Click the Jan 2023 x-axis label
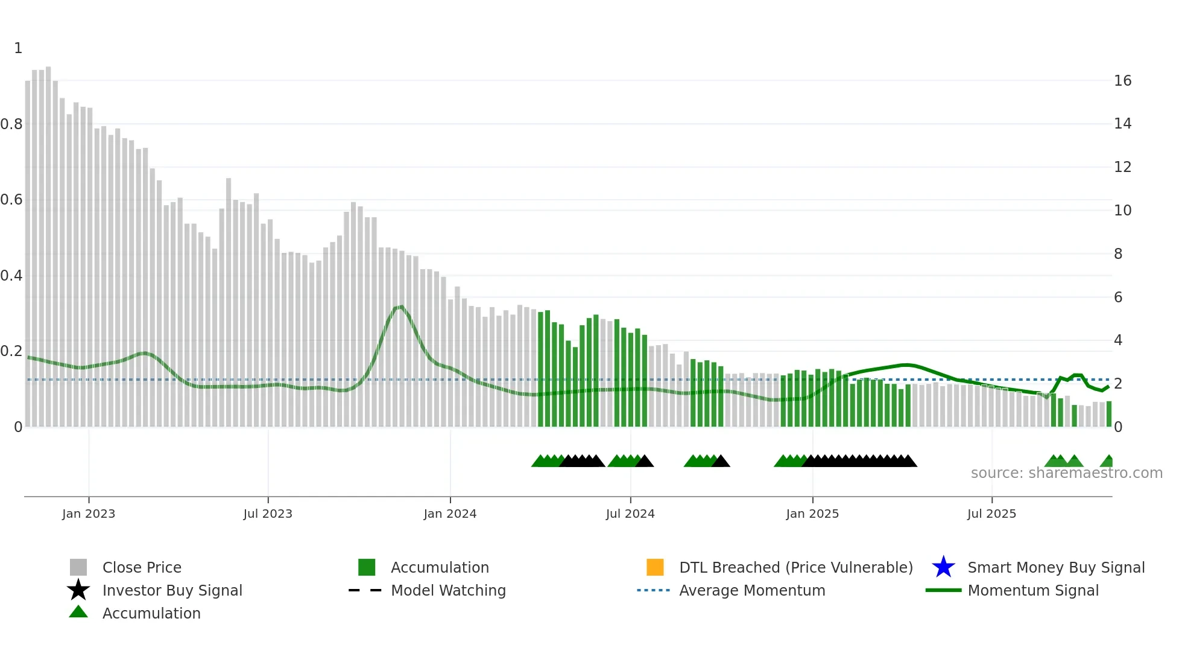tap(88, 514)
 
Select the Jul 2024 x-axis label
tap(630, 514)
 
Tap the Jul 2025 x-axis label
tap(991, 514)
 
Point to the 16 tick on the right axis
tap(1122, 81)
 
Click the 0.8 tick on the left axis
tap(11, 124)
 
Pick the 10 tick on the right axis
tap(1122, 211)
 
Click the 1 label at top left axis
tap(18, 48)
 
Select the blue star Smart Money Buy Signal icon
tap(943, 567)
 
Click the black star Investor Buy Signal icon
tap(78, 590)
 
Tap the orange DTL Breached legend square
tap(655, 567)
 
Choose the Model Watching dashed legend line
tap(365, 590)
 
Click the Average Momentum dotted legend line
tap(653, 590)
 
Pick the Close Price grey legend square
tap(78, 567)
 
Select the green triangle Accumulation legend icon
tap(78, 612)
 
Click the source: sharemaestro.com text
tap(1066, 473)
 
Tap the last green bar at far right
tap(1108, 414)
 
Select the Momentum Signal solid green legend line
tap(943, 590)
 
